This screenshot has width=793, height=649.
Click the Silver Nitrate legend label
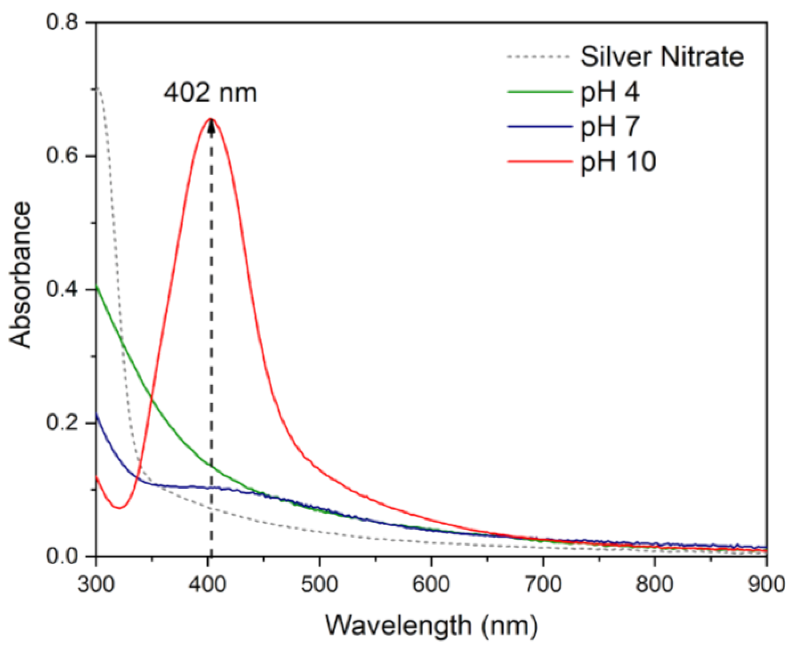pos(662,57)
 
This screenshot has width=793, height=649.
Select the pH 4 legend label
pos(610,92)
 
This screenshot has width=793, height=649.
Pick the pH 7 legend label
pos(610,127)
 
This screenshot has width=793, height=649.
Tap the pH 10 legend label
pos(618,162)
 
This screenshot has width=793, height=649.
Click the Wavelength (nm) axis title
pos(431,625)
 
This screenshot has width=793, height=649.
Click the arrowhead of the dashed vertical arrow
pos(211,125)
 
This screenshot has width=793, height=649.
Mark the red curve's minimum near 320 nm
pos(119,508)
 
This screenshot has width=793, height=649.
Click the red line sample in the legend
pos(540,162)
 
